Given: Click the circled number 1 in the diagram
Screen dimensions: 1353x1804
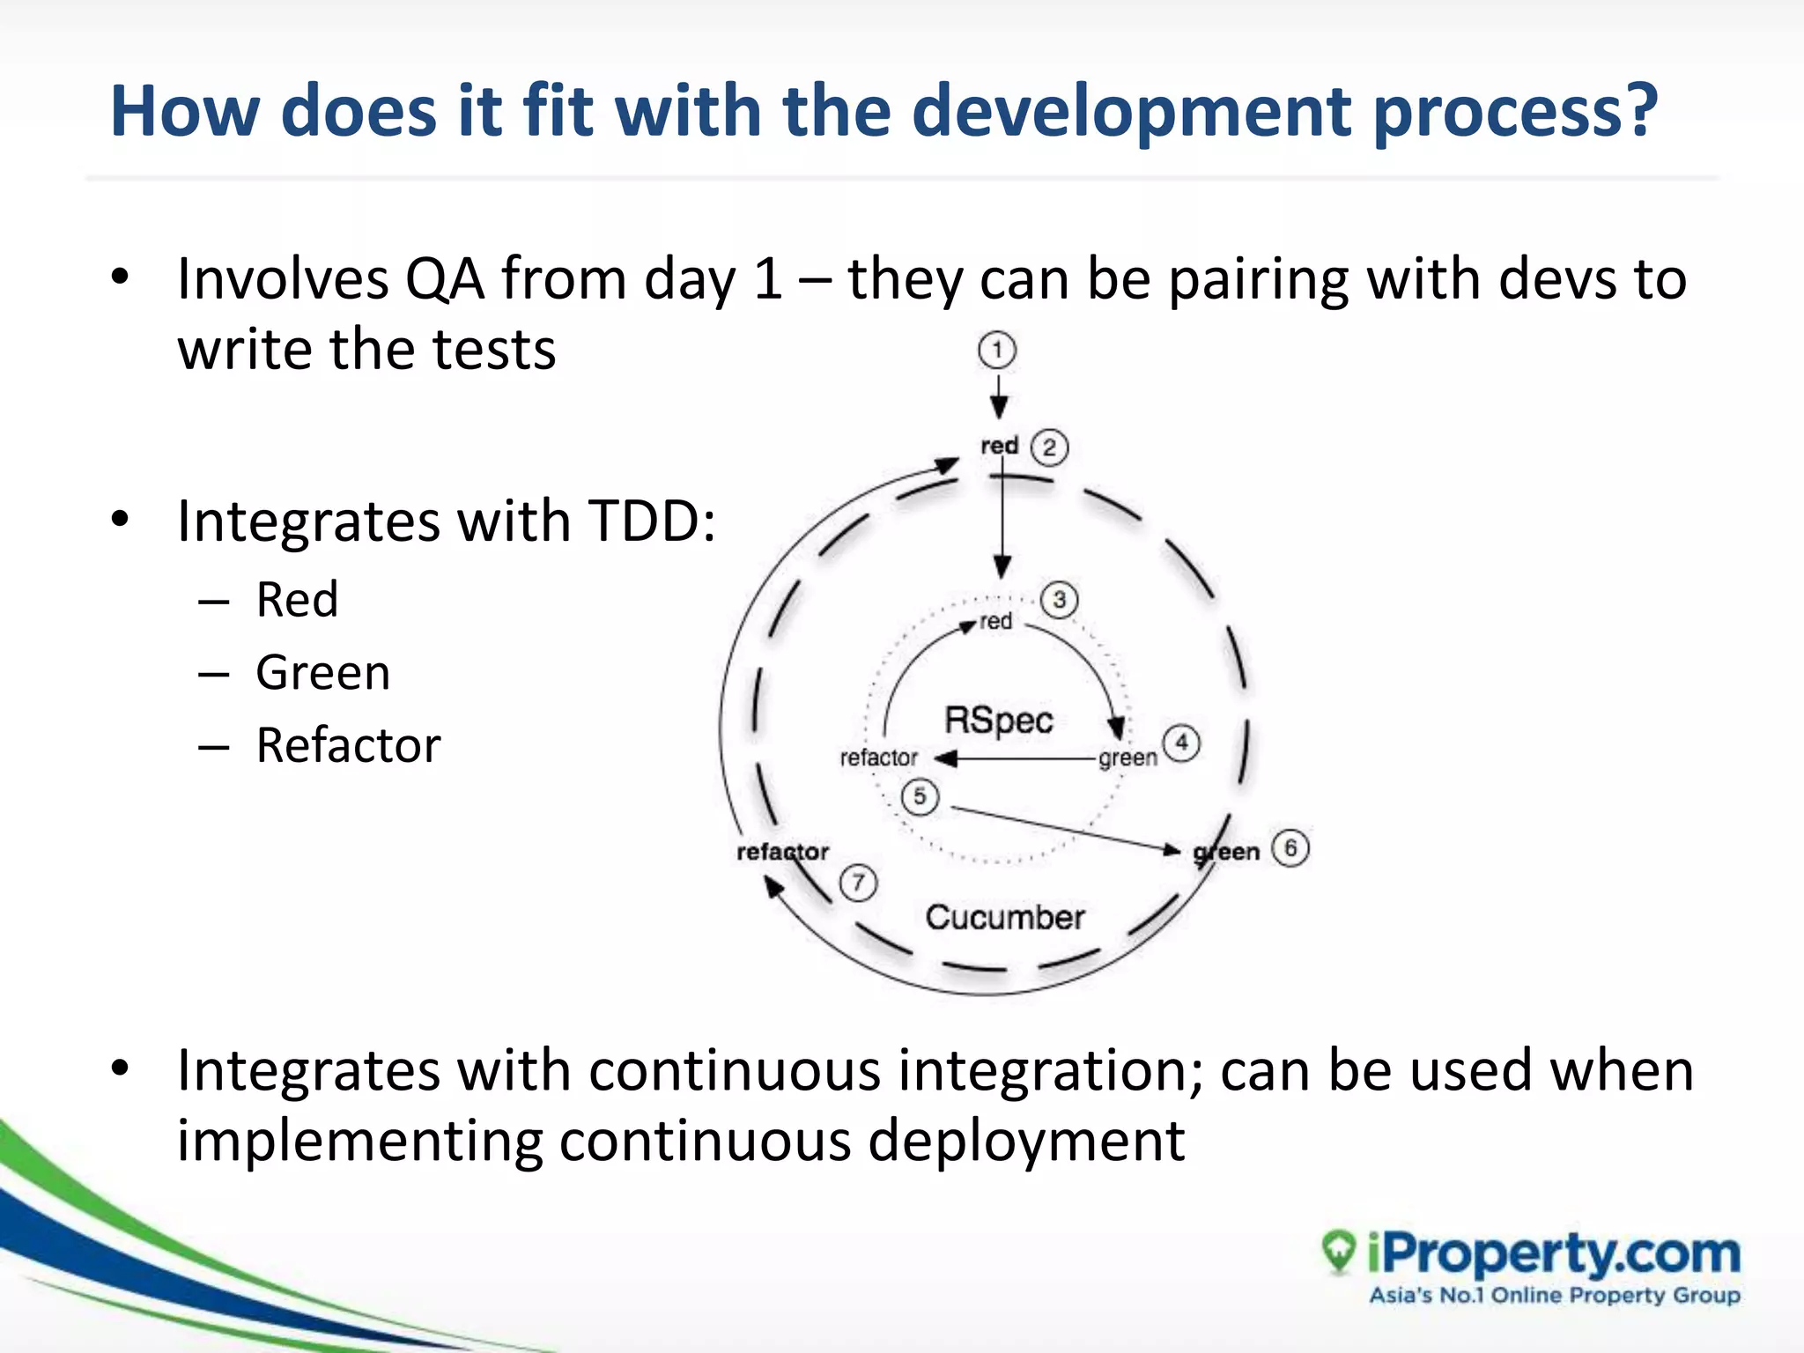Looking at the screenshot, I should tap(996, 351).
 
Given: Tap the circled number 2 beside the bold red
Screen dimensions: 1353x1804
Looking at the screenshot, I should tap(1049, 447).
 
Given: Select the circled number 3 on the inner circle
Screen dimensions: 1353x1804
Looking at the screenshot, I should tap(1059, 601).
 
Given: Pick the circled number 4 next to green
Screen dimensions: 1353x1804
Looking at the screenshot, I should tap(1181, 743).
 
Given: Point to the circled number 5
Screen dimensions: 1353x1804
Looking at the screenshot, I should tap(920, 797).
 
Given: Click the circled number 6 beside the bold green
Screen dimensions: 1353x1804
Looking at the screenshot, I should tap(1290, 848).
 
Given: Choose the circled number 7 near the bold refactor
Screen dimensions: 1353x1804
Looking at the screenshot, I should tap(858, 883).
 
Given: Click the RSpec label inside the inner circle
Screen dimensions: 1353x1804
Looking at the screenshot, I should tap(999, 720).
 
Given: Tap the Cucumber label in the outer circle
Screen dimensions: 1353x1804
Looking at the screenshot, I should tap(1005, 917).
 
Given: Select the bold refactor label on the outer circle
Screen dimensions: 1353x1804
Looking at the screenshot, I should tap(782, 852).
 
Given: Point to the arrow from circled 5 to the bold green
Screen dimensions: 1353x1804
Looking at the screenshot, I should tap(1066, 829).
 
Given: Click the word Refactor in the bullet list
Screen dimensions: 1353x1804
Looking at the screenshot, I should tap(348, 745).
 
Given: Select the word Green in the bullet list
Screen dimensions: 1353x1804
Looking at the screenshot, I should tap(322, 673).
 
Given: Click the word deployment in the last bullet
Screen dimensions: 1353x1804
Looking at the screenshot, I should tap(1026, 1141).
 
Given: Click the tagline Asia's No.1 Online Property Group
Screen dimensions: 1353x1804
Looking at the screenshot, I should tap(1555, 1295).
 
